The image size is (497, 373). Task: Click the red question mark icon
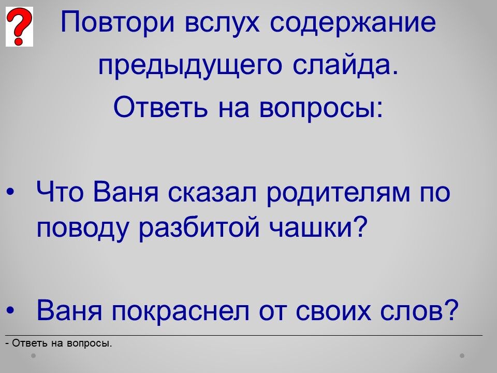click(x=19, y=26)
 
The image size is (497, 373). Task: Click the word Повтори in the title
click(x=118, y=22)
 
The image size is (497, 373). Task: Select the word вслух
click(x=222, y=23)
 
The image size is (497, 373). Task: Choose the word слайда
click(x=345, y=65)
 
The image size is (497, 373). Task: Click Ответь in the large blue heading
click(x=160, y=107)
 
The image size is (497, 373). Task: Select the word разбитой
click(x=199, y=227)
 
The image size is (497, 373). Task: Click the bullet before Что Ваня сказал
click(x=10, y=192)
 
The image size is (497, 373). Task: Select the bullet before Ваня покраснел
click(x=10, y=310)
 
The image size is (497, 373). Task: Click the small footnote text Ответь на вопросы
click(x=59, y=343)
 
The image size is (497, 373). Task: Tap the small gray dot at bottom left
click(x=33, y=356)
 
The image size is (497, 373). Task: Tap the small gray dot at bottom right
click(x=462, y=356)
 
